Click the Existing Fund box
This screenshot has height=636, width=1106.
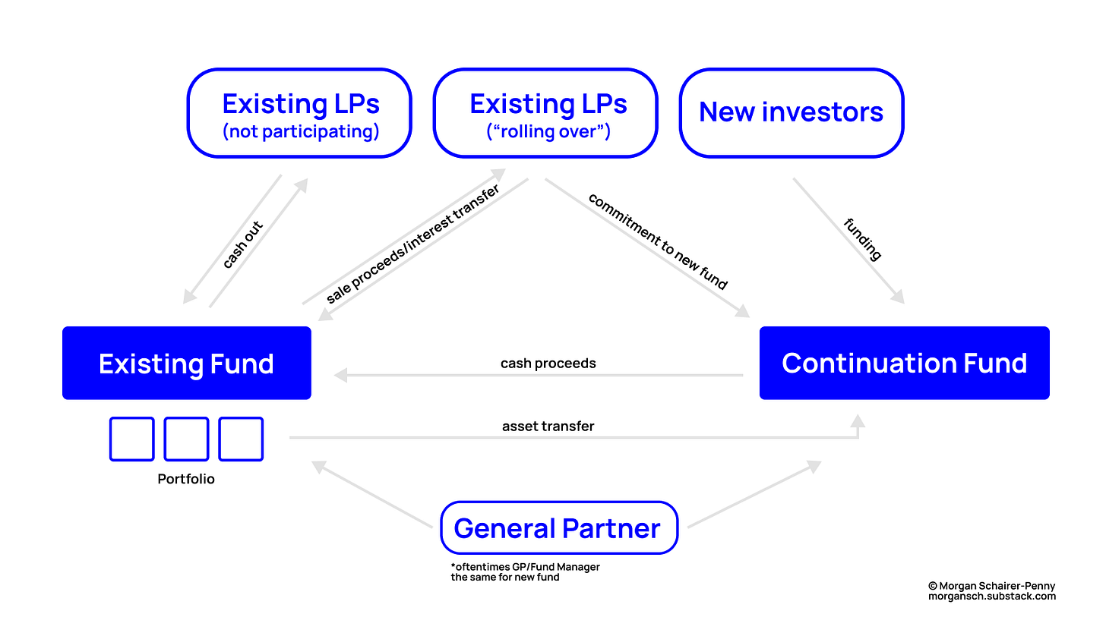pos(186,363)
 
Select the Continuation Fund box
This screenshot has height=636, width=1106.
pos(904,363)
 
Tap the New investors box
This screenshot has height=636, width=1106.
pos(791,112)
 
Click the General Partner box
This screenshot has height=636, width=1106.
pos(558,527)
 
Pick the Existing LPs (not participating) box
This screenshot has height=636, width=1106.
pos(300,113)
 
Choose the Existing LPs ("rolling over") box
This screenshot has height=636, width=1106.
pos(548,113)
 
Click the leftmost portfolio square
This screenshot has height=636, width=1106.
pos(132,439)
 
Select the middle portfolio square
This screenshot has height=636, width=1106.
pos(186,439)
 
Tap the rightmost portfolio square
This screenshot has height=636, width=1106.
pos(241,439)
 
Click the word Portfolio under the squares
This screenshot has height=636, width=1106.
pos(186,480)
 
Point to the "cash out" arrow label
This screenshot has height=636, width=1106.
pos(242,245)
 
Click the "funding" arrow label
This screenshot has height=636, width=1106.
pos(863,239)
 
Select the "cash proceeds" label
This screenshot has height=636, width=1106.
pos(548,364)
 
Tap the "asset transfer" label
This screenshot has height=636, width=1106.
pos(548,427)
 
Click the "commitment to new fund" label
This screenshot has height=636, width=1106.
pos(658,241)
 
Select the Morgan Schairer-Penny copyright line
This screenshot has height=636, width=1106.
pos(991,586)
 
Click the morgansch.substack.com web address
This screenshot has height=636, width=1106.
pos(991,597)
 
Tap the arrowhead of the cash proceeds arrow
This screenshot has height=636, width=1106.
pos(341,375)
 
